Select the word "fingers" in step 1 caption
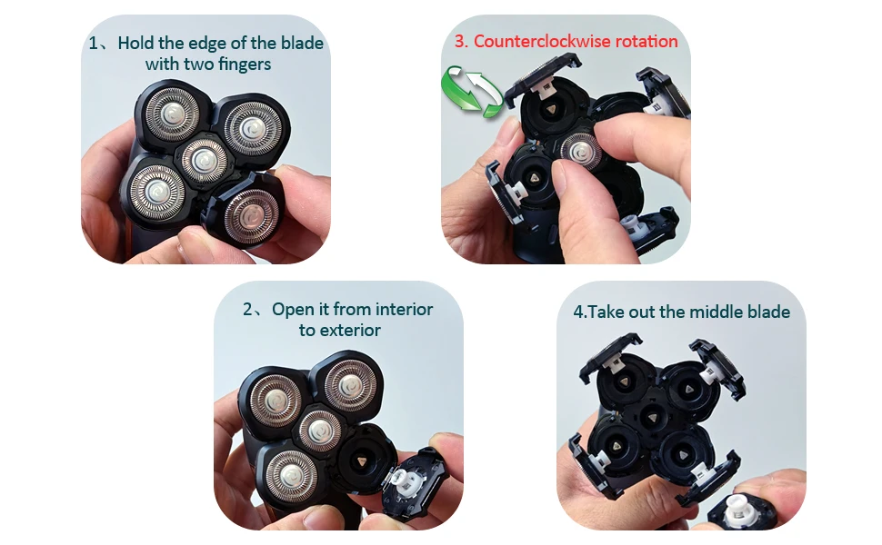244,64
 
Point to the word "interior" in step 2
404,309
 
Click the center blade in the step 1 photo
205,161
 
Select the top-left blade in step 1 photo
172,114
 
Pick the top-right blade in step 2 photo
350,385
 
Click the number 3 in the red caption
459,41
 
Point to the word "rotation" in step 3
646,41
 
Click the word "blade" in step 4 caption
767,312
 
